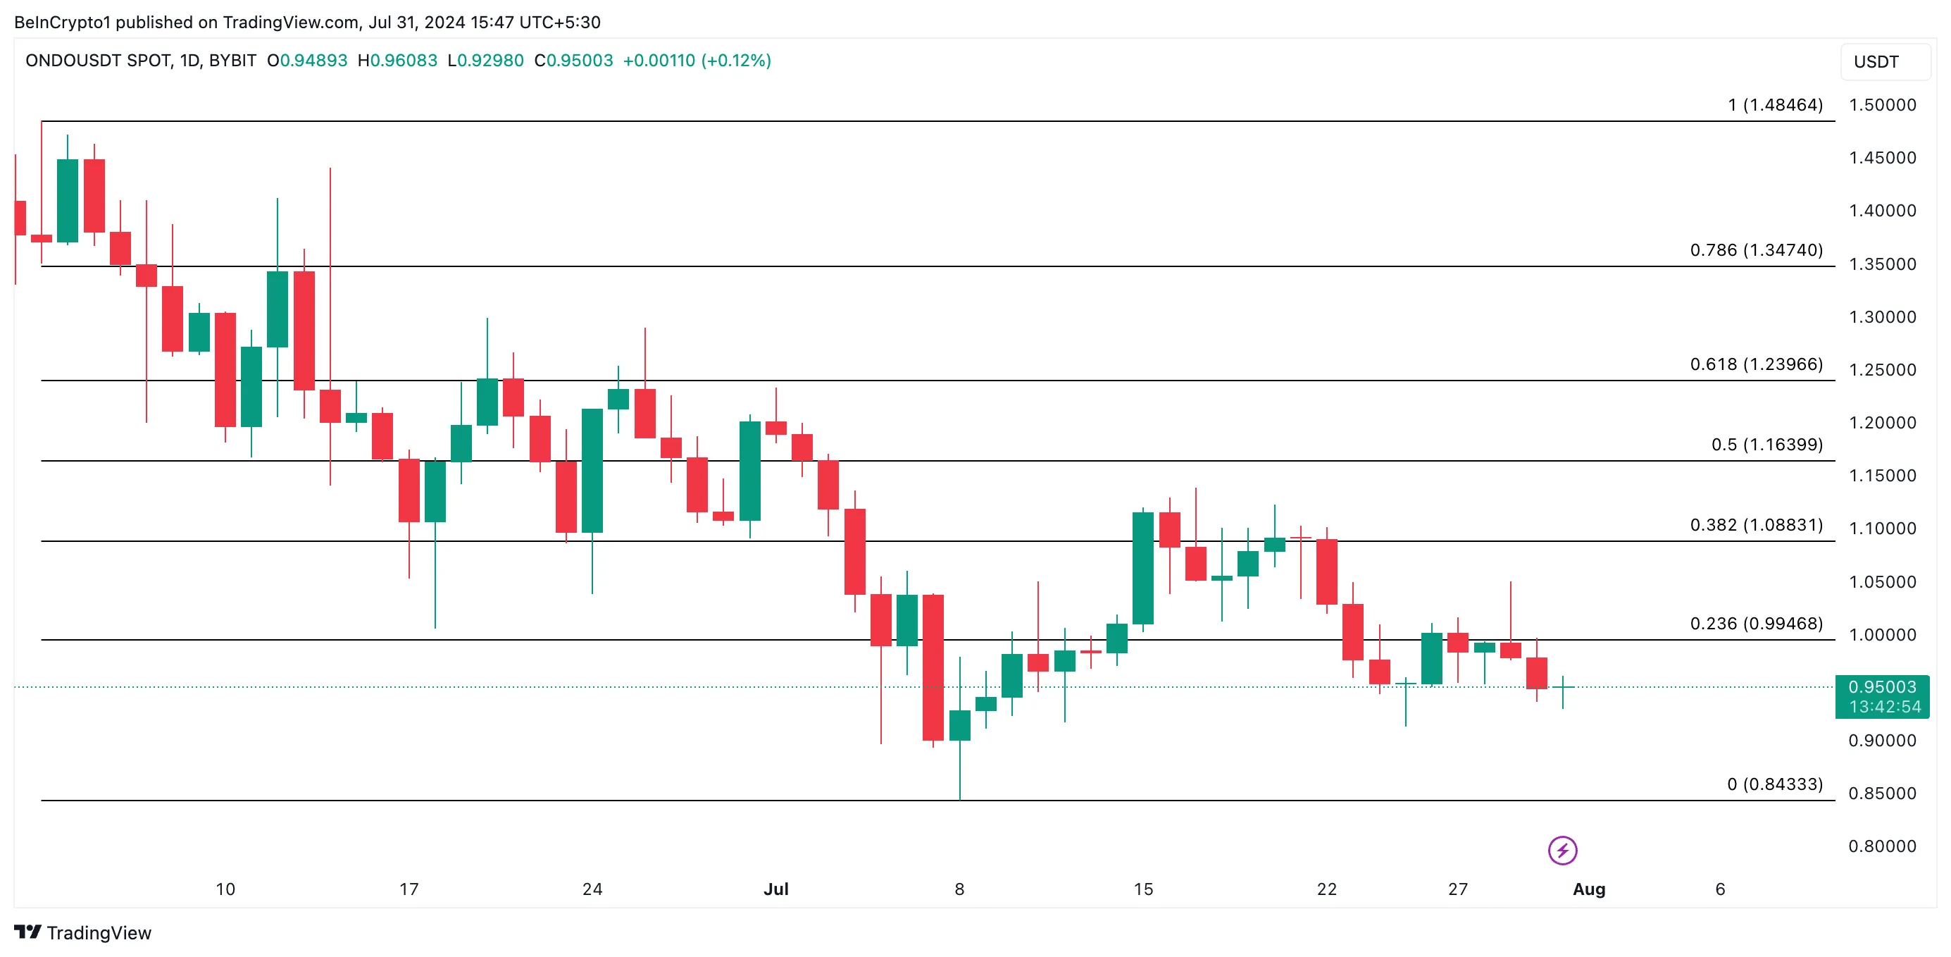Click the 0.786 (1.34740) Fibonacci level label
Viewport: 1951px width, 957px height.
(x=1756, y=250)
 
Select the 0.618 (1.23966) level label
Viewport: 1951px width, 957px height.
(x=1756, y=364)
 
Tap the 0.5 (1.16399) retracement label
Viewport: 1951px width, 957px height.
(x=1766, y=445)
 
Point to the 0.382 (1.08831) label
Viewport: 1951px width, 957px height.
(x=1756, y=525)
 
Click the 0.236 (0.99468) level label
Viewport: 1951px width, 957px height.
(x=1756, y=624)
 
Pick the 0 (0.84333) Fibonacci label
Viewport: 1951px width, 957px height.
(x=1774, y=784)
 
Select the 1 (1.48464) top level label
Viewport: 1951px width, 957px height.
(x=1774, y=105)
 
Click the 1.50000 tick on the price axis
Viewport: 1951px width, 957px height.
(x=1882, y=105)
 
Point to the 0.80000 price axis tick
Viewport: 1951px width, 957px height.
(x=1882, y=846)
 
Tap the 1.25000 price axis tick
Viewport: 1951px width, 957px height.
(x=1882, y=370)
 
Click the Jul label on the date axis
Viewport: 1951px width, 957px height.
(x=775, y=889)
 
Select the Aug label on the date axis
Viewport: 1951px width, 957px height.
(x=1588, y=889)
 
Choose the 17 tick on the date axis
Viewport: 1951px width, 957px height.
(x=409, y=889)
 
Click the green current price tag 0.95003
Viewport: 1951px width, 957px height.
(x=1882, y=687)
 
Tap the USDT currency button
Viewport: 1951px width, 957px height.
(x=1876, y=62)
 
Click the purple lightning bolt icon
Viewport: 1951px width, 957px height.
(x=1562, y=850)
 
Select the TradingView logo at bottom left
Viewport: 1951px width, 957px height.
(x=82, y=933)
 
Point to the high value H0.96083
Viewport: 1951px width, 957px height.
(x=398, y=61)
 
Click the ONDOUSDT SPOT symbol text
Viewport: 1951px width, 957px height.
(x=99, y=61)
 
